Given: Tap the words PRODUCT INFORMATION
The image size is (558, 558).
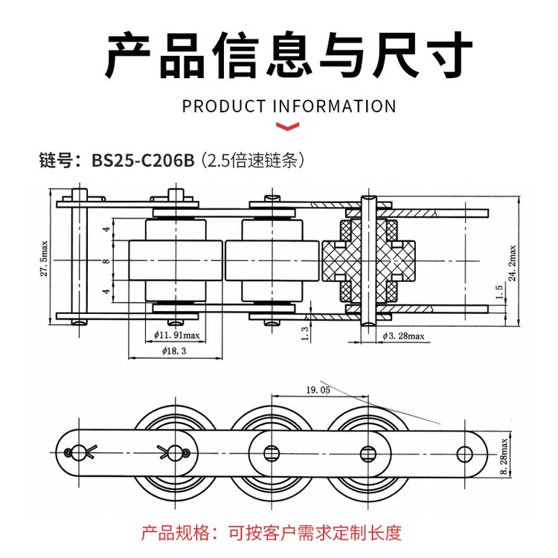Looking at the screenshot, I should click(x=289, y=106).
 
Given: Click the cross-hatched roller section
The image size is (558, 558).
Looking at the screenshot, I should click(x=370, y=261).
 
